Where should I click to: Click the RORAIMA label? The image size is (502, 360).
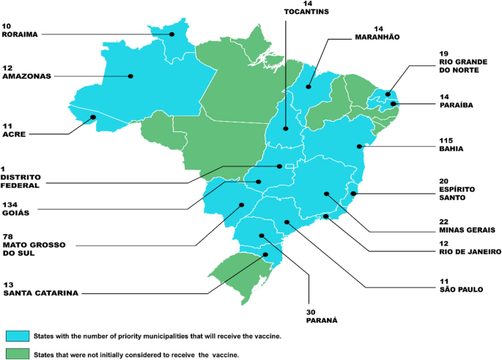point(21,34)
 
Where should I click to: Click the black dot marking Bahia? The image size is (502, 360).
point(360,147)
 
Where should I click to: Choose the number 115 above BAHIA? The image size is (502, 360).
point(446,139)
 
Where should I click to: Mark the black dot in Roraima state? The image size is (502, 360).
point(172,34)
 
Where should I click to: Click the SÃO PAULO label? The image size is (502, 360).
point(461,289)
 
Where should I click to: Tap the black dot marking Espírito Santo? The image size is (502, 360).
point(353,194)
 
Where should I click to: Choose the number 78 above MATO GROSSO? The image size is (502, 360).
point(9,237)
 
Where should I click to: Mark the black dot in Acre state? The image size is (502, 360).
point(93,117)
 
